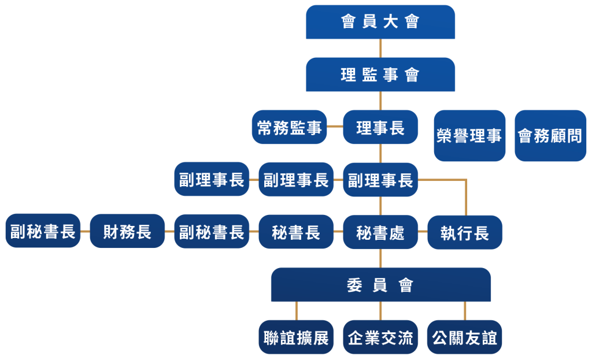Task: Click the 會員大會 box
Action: [x=380, y=22]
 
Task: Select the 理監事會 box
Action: [x=380, y=75]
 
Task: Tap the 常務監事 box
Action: [x=289, y=127]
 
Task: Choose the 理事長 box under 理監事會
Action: [x=380, y=127]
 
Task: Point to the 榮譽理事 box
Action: [x=469, y=136]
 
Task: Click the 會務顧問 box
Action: [x=550, y=136]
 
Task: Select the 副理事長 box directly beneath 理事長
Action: [x=380, y=180]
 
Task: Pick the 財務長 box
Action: [x=127, y=232]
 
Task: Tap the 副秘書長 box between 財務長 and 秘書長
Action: [x=212, y=232]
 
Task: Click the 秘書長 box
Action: [x=296, y=232]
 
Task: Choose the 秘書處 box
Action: [x=380, y=232]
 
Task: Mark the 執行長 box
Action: [x=465, y=232]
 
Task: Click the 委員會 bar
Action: [x=380, y=285]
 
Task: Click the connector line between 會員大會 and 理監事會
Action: [x=380, y=48]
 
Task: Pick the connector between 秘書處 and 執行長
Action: [x=423, y=232]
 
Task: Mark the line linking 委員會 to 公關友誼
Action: [x=465, y=311]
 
